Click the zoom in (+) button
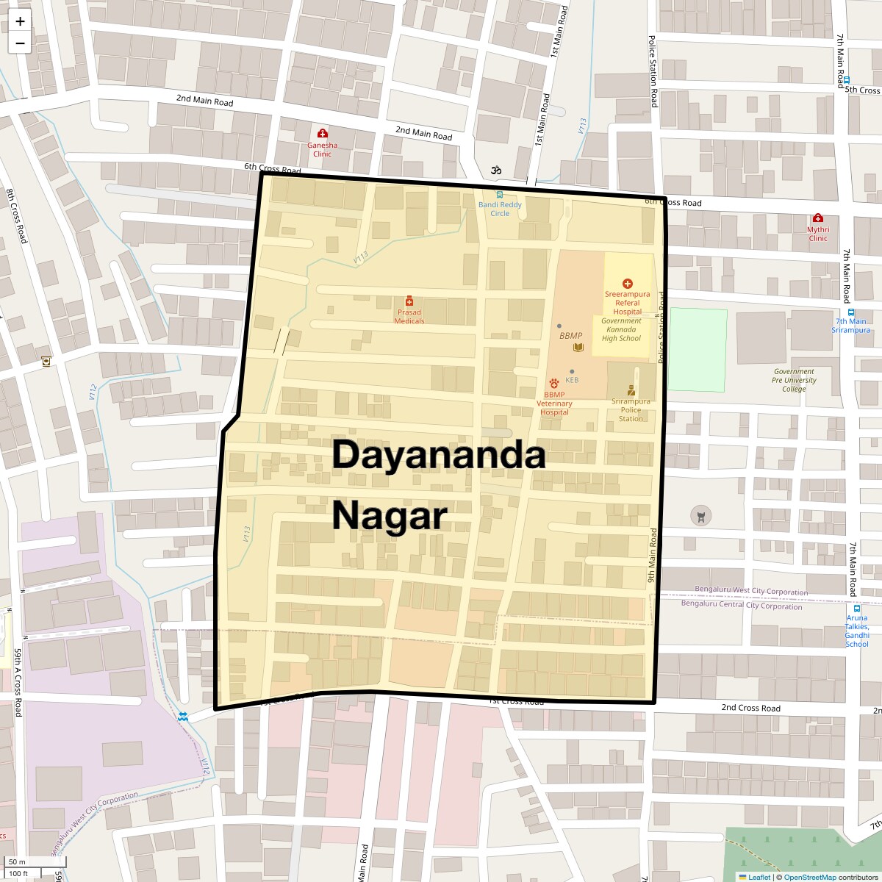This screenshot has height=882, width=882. (20, 21)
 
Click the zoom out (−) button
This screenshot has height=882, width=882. (20, 43)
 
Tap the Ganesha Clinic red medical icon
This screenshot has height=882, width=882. (322, 133)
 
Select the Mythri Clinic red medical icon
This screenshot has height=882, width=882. (818, 218)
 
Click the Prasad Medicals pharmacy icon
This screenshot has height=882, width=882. (409, 301)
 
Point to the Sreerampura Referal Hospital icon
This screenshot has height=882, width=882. (627, 284)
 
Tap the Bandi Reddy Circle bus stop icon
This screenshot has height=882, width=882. (500, 195)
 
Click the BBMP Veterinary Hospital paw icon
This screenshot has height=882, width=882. (553, 383)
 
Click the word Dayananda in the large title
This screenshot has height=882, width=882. (438, 456)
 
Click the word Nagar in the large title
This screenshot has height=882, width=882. (390, 515)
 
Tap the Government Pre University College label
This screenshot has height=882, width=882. (794, 380)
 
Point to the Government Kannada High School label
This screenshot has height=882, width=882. (621, 329)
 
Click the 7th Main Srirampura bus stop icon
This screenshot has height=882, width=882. (850, 312)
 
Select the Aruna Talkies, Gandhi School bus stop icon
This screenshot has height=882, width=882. (856, 608)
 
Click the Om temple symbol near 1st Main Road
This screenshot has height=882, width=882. (496, 170)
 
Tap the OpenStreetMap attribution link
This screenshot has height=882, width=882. (809, 877)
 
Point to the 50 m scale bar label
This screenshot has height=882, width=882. (18, 862)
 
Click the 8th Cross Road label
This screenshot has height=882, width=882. (16, 216)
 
